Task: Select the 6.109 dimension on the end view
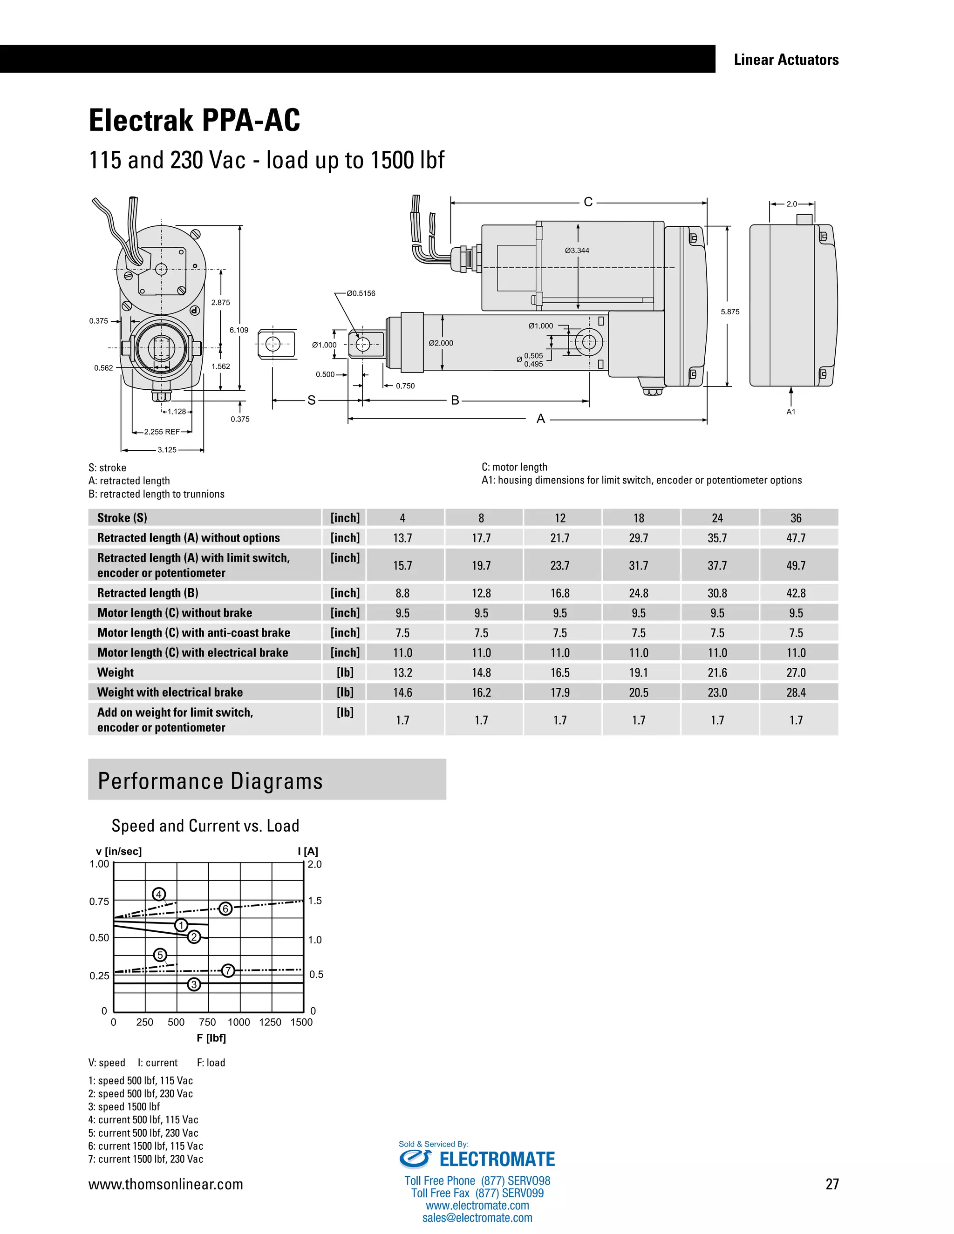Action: tap(238, 330)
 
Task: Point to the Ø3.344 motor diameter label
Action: tap(577, 251)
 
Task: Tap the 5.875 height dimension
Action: tap(729, 312)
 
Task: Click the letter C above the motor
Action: tap(588, 202)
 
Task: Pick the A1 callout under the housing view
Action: tap(790, 412)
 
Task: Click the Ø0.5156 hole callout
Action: tap(361, 293)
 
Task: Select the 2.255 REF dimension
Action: tap(162, 432)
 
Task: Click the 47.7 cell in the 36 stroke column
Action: tap(796, 538)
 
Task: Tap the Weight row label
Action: tap(116, 672)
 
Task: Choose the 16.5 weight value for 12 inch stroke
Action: tap(559, 672)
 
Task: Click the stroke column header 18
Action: tap(639, 518)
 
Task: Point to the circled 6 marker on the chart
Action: tap(225, 909)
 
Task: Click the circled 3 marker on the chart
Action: tap(194, 984)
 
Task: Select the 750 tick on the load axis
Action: tap(207, 1022)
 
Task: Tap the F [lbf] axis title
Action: tap(211, 1038)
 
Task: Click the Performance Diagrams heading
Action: tap(210, 781)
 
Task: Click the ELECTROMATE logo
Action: tap(477, 1159)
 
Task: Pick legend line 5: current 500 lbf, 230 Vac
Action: tap(143, 1133)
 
